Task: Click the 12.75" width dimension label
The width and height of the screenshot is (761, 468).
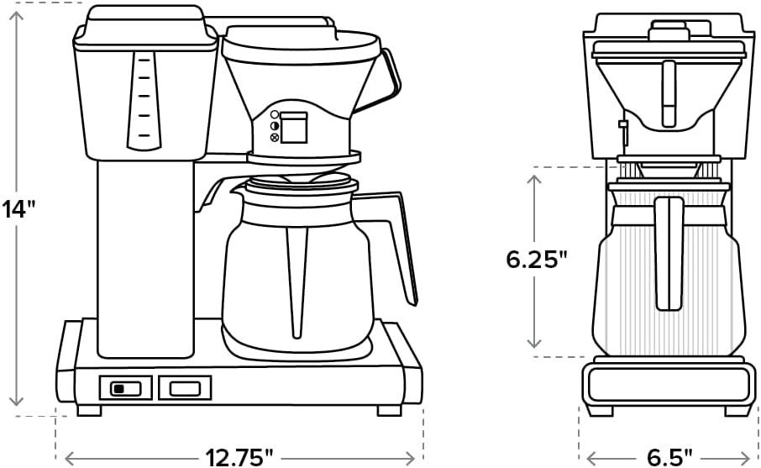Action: pyautogui.click(x=239, y=457)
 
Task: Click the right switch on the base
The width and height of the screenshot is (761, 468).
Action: pyautogui.click(x=185, y=387)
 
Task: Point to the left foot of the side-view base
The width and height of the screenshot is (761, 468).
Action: pyautogui.click(x=90, y=410)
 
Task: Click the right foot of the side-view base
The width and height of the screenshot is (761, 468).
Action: pyautogui.click(x=388, y=410)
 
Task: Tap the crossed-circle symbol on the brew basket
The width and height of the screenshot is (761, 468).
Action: pyautogui.click(x=275, y=136)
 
